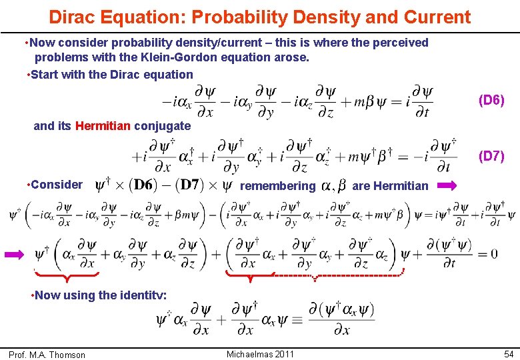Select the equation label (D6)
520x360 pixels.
(x=491, y=101)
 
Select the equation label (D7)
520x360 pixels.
(x=491, y=156)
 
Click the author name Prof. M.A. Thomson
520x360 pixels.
(x=47, y=355)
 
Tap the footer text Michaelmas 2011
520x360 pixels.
(x=260, y=353)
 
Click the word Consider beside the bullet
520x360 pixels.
(x=57, y=185)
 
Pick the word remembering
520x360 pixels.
(x=277, y=186)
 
